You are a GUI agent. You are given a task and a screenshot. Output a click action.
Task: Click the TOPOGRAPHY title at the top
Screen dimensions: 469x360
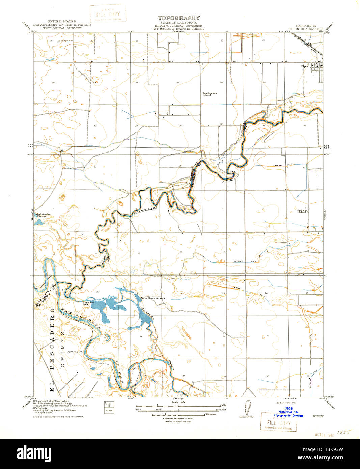[x=178, y=18]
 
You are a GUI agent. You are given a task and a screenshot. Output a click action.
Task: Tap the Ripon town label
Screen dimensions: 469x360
[x=305, y=66]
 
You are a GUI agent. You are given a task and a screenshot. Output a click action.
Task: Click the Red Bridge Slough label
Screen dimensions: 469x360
[x=43, y=215]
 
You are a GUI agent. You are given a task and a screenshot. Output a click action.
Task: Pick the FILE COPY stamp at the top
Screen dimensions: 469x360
[x=108, y=14]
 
